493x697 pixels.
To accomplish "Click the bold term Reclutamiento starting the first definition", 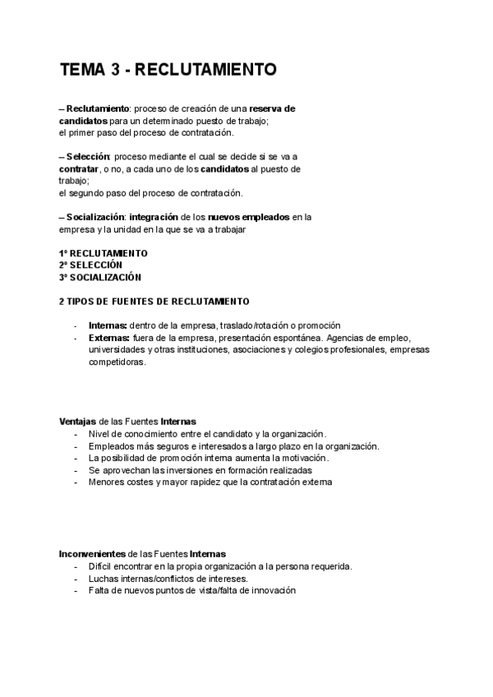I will [98, 108].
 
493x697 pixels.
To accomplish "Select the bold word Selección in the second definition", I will [87, 157].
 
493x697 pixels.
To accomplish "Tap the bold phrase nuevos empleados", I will [254, 217].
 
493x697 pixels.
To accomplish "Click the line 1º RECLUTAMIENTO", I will [104, 253].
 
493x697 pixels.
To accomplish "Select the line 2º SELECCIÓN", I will [90, 265].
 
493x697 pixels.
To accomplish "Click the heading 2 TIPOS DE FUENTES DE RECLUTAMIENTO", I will [154, 302].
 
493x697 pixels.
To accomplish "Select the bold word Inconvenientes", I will [92, 554].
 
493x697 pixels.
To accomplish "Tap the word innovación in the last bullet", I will [270, 590].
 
